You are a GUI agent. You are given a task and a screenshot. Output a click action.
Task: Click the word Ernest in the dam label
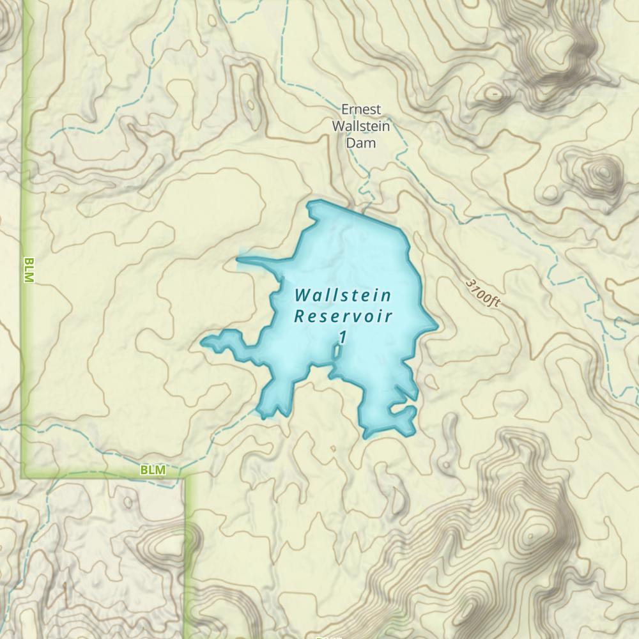[x=361, y=110]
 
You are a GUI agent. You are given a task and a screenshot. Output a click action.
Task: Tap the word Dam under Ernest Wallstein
[x=360, y=142]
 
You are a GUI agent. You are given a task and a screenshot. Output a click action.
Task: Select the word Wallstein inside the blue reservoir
[x=343, y=296]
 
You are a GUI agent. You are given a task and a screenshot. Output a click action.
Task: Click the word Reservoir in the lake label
[x=343, y=316]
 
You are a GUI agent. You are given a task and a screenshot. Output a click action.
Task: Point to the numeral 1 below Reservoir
[x=343, y=337]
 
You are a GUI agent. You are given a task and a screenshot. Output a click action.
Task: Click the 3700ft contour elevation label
[x=482, y=292]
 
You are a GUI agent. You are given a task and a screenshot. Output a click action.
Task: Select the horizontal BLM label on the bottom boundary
[x=152, y=470]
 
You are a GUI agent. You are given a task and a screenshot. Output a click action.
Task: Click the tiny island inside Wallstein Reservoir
[x=337, y=351]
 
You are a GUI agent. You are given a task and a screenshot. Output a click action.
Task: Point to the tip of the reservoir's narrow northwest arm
[x=238, y=259]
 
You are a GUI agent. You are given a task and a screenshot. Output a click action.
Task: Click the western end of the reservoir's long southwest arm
[x=203, y=343]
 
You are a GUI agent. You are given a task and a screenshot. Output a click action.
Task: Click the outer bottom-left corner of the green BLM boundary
[x=24, y=477]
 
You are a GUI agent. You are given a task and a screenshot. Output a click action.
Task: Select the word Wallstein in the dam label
[x=361, y=126]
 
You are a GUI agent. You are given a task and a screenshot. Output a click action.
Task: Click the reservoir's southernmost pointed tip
[x=366, y=438]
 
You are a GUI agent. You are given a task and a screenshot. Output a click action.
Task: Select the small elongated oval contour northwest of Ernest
[x=250, y=104]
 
